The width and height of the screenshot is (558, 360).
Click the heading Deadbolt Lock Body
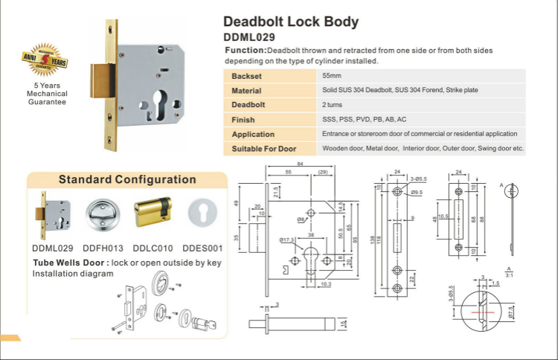point(291,22)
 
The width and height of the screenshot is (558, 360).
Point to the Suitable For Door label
point(265,148)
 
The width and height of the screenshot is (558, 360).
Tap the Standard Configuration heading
point(127,179)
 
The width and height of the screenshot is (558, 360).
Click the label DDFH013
point(102,248)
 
